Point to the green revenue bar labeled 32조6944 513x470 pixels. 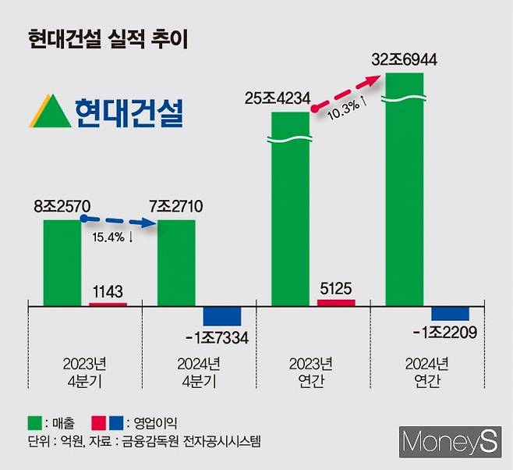(x=404, y=187)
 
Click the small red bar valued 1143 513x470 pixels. (x=108, y=304)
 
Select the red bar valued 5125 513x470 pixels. (x=336, y=302)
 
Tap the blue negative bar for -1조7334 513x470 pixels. (x=222, y=316)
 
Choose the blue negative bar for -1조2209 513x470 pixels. (x=450, y=314)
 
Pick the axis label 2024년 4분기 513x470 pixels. (x=199, y=372)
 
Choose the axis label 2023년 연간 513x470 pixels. (x=313, y=372)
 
